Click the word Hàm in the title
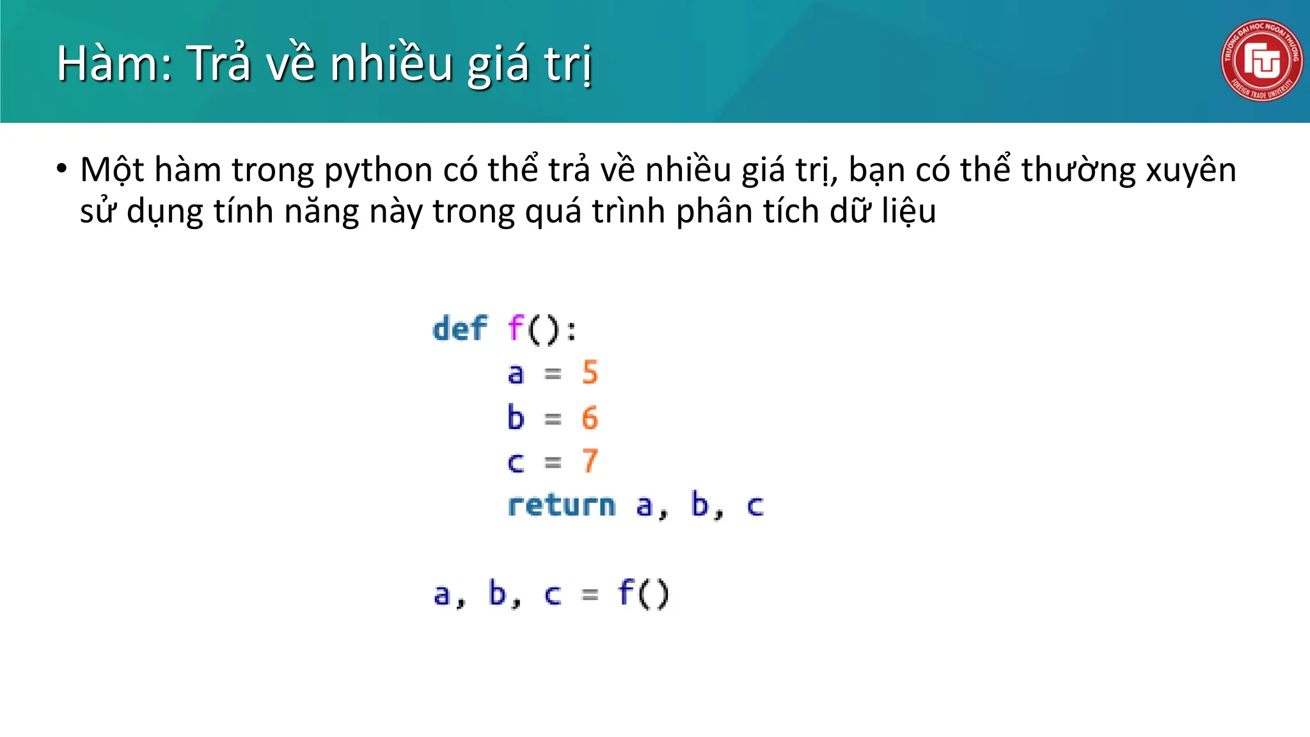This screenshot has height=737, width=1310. [x=114, y=64]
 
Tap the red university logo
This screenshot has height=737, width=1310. [x=1261, y=60]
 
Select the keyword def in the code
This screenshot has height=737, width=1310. [x=460, y=329]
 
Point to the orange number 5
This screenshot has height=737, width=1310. [x=590, y=372]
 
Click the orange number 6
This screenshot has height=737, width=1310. [x=590, y=418]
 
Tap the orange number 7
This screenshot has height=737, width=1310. [x=590, y=461]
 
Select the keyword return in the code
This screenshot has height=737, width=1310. [x=562, y=505]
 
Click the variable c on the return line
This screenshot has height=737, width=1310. [x=755, y=506]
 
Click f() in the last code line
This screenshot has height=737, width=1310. [x=643, y=593]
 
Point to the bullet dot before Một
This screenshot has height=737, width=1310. [x=61, y=170]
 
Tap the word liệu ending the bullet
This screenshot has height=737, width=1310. [x=908, y=211]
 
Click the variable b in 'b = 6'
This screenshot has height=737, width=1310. [x=516, y=418]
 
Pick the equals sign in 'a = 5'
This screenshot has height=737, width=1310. [x=553, y=374]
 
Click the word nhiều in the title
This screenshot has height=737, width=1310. [x=391, y=64]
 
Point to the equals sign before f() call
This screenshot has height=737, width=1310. [x=590, y=595]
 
